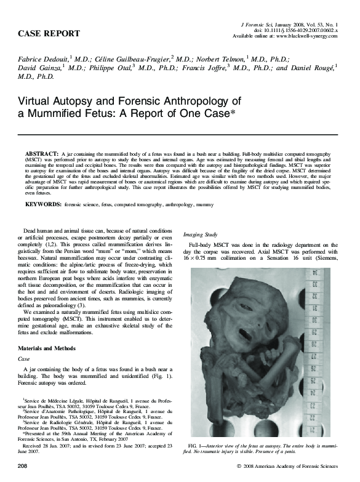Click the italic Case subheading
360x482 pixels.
click(25, 358)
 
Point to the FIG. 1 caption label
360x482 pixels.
click(198, 445)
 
